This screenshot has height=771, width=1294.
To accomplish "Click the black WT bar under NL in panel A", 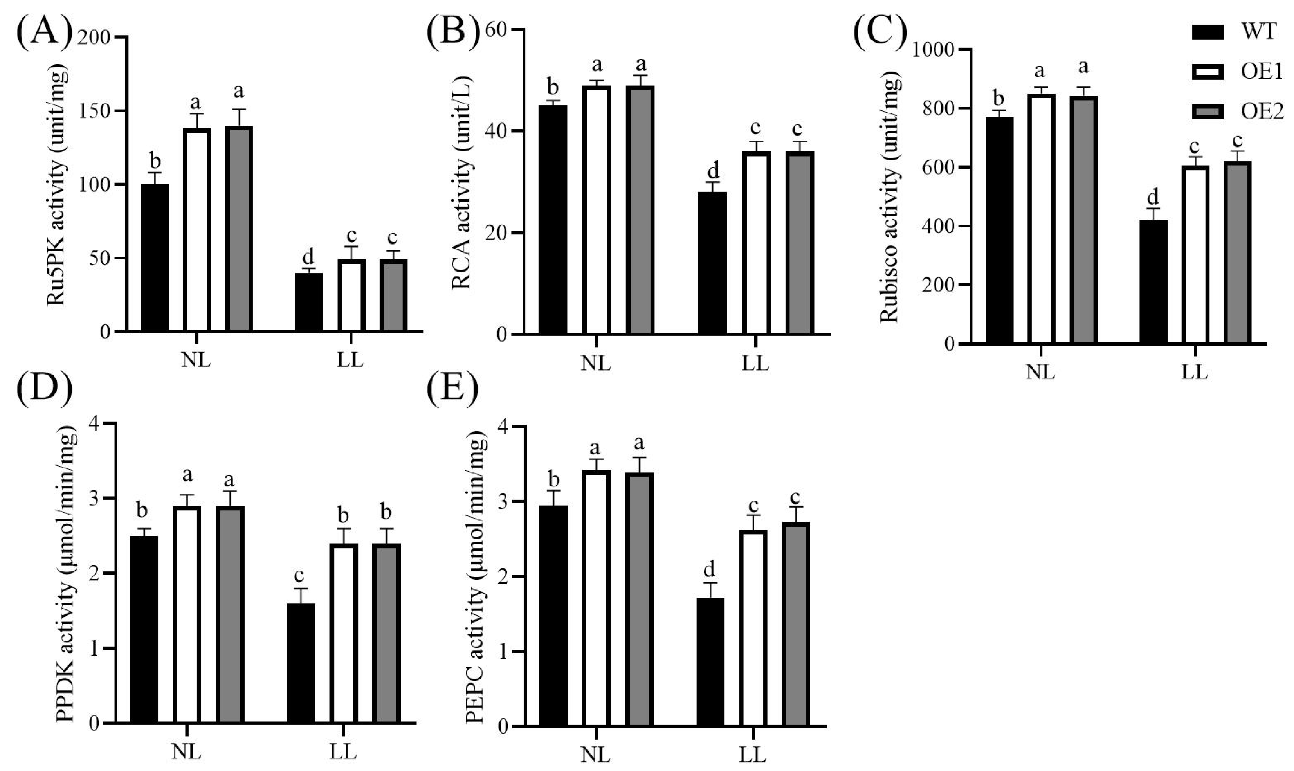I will [x=155, y=258].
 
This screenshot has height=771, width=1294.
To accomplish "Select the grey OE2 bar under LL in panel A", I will [x=393, y=295].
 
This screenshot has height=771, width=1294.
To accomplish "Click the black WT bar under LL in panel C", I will [x=1153, y=281].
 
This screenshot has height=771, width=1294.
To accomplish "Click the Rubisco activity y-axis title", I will [x=890, y=197].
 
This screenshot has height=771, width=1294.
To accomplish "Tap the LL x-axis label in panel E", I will [x=753, y=755].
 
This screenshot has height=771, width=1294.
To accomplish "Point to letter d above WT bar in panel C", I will [x=1153, y=197].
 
